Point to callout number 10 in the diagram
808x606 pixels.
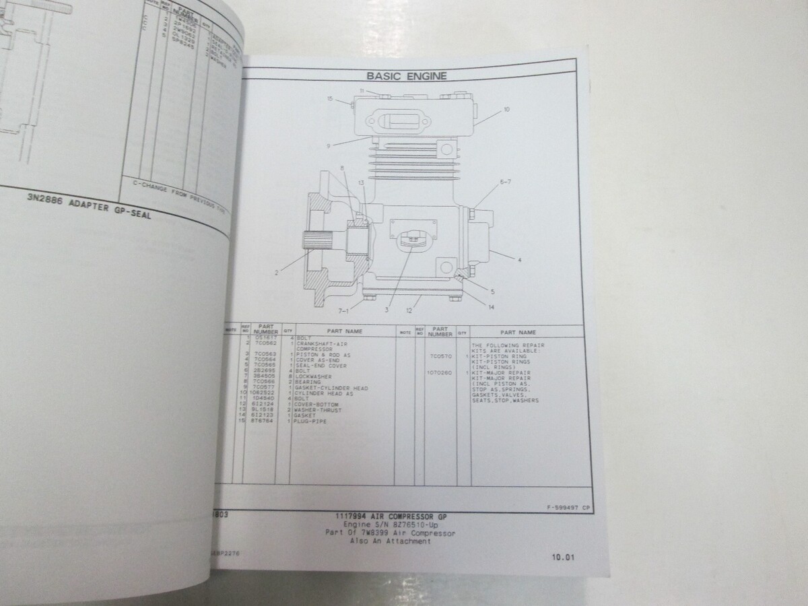point(506,108)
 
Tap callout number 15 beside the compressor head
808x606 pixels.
point(331,99)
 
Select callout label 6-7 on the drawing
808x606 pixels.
point(506,182)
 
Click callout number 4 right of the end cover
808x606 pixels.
point(520,259)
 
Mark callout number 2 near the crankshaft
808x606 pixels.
point(277,272)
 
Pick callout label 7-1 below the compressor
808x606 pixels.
point(343,310)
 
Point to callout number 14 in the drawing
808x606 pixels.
point(492,307)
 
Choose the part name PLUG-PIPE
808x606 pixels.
point(306,421)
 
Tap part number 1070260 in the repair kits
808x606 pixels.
point(440,372)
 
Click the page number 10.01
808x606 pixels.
point(563,557)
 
